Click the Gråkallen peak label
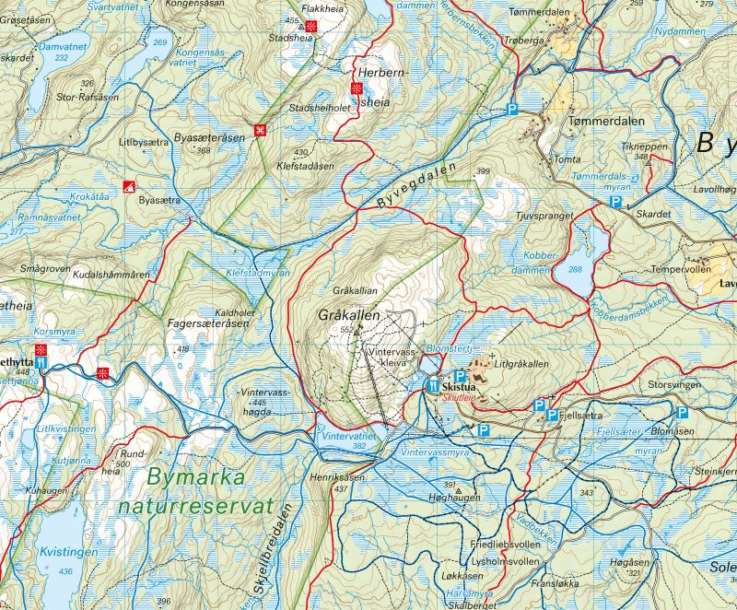click(348, 315)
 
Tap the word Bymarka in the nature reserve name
click(194, 478)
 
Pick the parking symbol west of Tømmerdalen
click(513, 110)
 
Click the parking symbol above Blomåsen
click(682, 413)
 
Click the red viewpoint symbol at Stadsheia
click(313, 27)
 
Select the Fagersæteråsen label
click(209, 324)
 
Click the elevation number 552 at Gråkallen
click(346, 329)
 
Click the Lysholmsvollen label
click(504, 560)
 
